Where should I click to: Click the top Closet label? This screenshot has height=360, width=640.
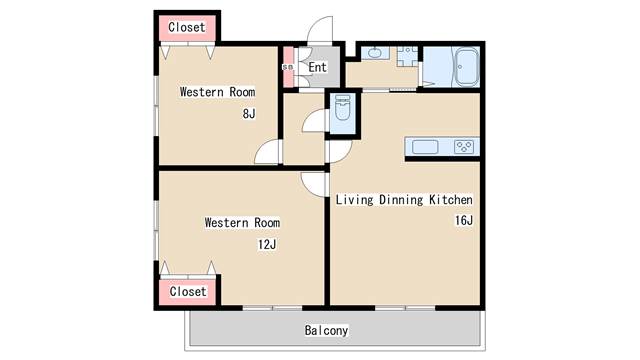coord(187,27)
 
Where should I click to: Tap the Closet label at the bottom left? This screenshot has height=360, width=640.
coord(188,291)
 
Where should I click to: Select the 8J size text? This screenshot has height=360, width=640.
coord(249,113)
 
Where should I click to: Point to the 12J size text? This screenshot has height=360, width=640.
coord(267,244)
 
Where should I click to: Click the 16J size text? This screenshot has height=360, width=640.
coord(464,220)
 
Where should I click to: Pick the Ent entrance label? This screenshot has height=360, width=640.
coord(318,67)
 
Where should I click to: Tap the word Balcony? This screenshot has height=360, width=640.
coord(327,330)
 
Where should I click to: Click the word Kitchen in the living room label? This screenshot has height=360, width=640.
coord(451,200)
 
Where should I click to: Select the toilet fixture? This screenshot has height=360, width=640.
coord(342,108)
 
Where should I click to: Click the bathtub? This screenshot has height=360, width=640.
coord(467,67)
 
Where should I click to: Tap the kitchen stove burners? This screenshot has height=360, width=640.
coord(464,147)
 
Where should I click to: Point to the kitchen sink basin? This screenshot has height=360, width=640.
coord(425,147)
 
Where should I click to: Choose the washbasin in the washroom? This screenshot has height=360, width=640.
coord(373,53)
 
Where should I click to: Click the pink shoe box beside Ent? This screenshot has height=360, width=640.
coord(288,67)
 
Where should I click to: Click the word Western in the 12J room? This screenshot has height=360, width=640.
coord(227,222)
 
